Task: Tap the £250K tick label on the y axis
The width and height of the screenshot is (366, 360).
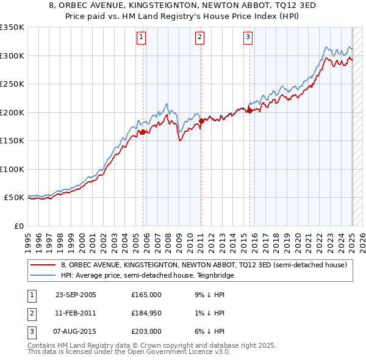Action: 13,84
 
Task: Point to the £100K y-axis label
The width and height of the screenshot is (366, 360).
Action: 13,169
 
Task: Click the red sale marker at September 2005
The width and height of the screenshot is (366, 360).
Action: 143,132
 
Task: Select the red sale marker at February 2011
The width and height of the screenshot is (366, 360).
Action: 201,121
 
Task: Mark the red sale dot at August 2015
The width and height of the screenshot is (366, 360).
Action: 250,111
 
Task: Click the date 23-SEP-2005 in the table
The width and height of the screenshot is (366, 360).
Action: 76,295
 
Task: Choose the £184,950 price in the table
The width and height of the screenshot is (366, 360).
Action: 146,313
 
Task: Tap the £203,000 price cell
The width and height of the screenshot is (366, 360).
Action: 146,331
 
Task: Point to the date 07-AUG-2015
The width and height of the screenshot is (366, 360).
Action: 76,331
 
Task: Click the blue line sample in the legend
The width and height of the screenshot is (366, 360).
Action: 43,275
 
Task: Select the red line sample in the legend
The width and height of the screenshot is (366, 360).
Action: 43,265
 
